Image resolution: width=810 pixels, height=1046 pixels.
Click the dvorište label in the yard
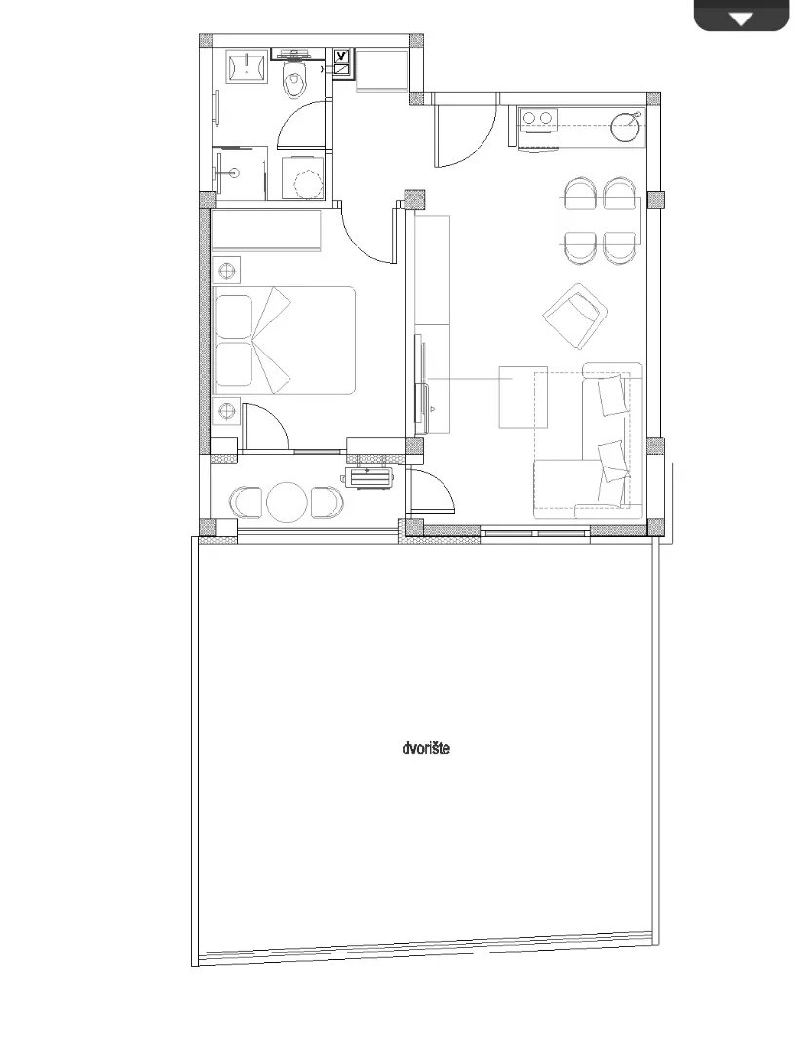pyautogui.click(x=426, y=748)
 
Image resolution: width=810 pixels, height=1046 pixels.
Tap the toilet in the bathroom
pyautogui.click(x=293, y=75)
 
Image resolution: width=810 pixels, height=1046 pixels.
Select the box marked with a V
pyautogui.click(x=342, y=56)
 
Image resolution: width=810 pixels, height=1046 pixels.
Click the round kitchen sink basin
pyautogui.click(x=626, y=127)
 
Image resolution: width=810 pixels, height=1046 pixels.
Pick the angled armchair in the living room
pyautogui.click(x=575, y=316)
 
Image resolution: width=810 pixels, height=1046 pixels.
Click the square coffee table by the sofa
pyautogui.click(x=523, y=397)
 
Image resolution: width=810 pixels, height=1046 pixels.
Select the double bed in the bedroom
pyautogui.click(x=285, y=340)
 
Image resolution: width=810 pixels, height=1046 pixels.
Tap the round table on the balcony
pyautogui.click(x=288, y=502)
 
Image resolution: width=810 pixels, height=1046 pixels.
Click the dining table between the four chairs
pyautogui.click(x=600, y=221)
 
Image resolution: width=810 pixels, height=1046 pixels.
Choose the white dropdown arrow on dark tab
pyautogui.click(x=741, y=19)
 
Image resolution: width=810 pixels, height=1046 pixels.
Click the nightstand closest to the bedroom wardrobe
pyautogui.click(x=228, y=271)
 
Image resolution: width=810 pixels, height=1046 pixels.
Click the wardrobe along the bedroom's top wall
pyautogui.click(x=267, y=231)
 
